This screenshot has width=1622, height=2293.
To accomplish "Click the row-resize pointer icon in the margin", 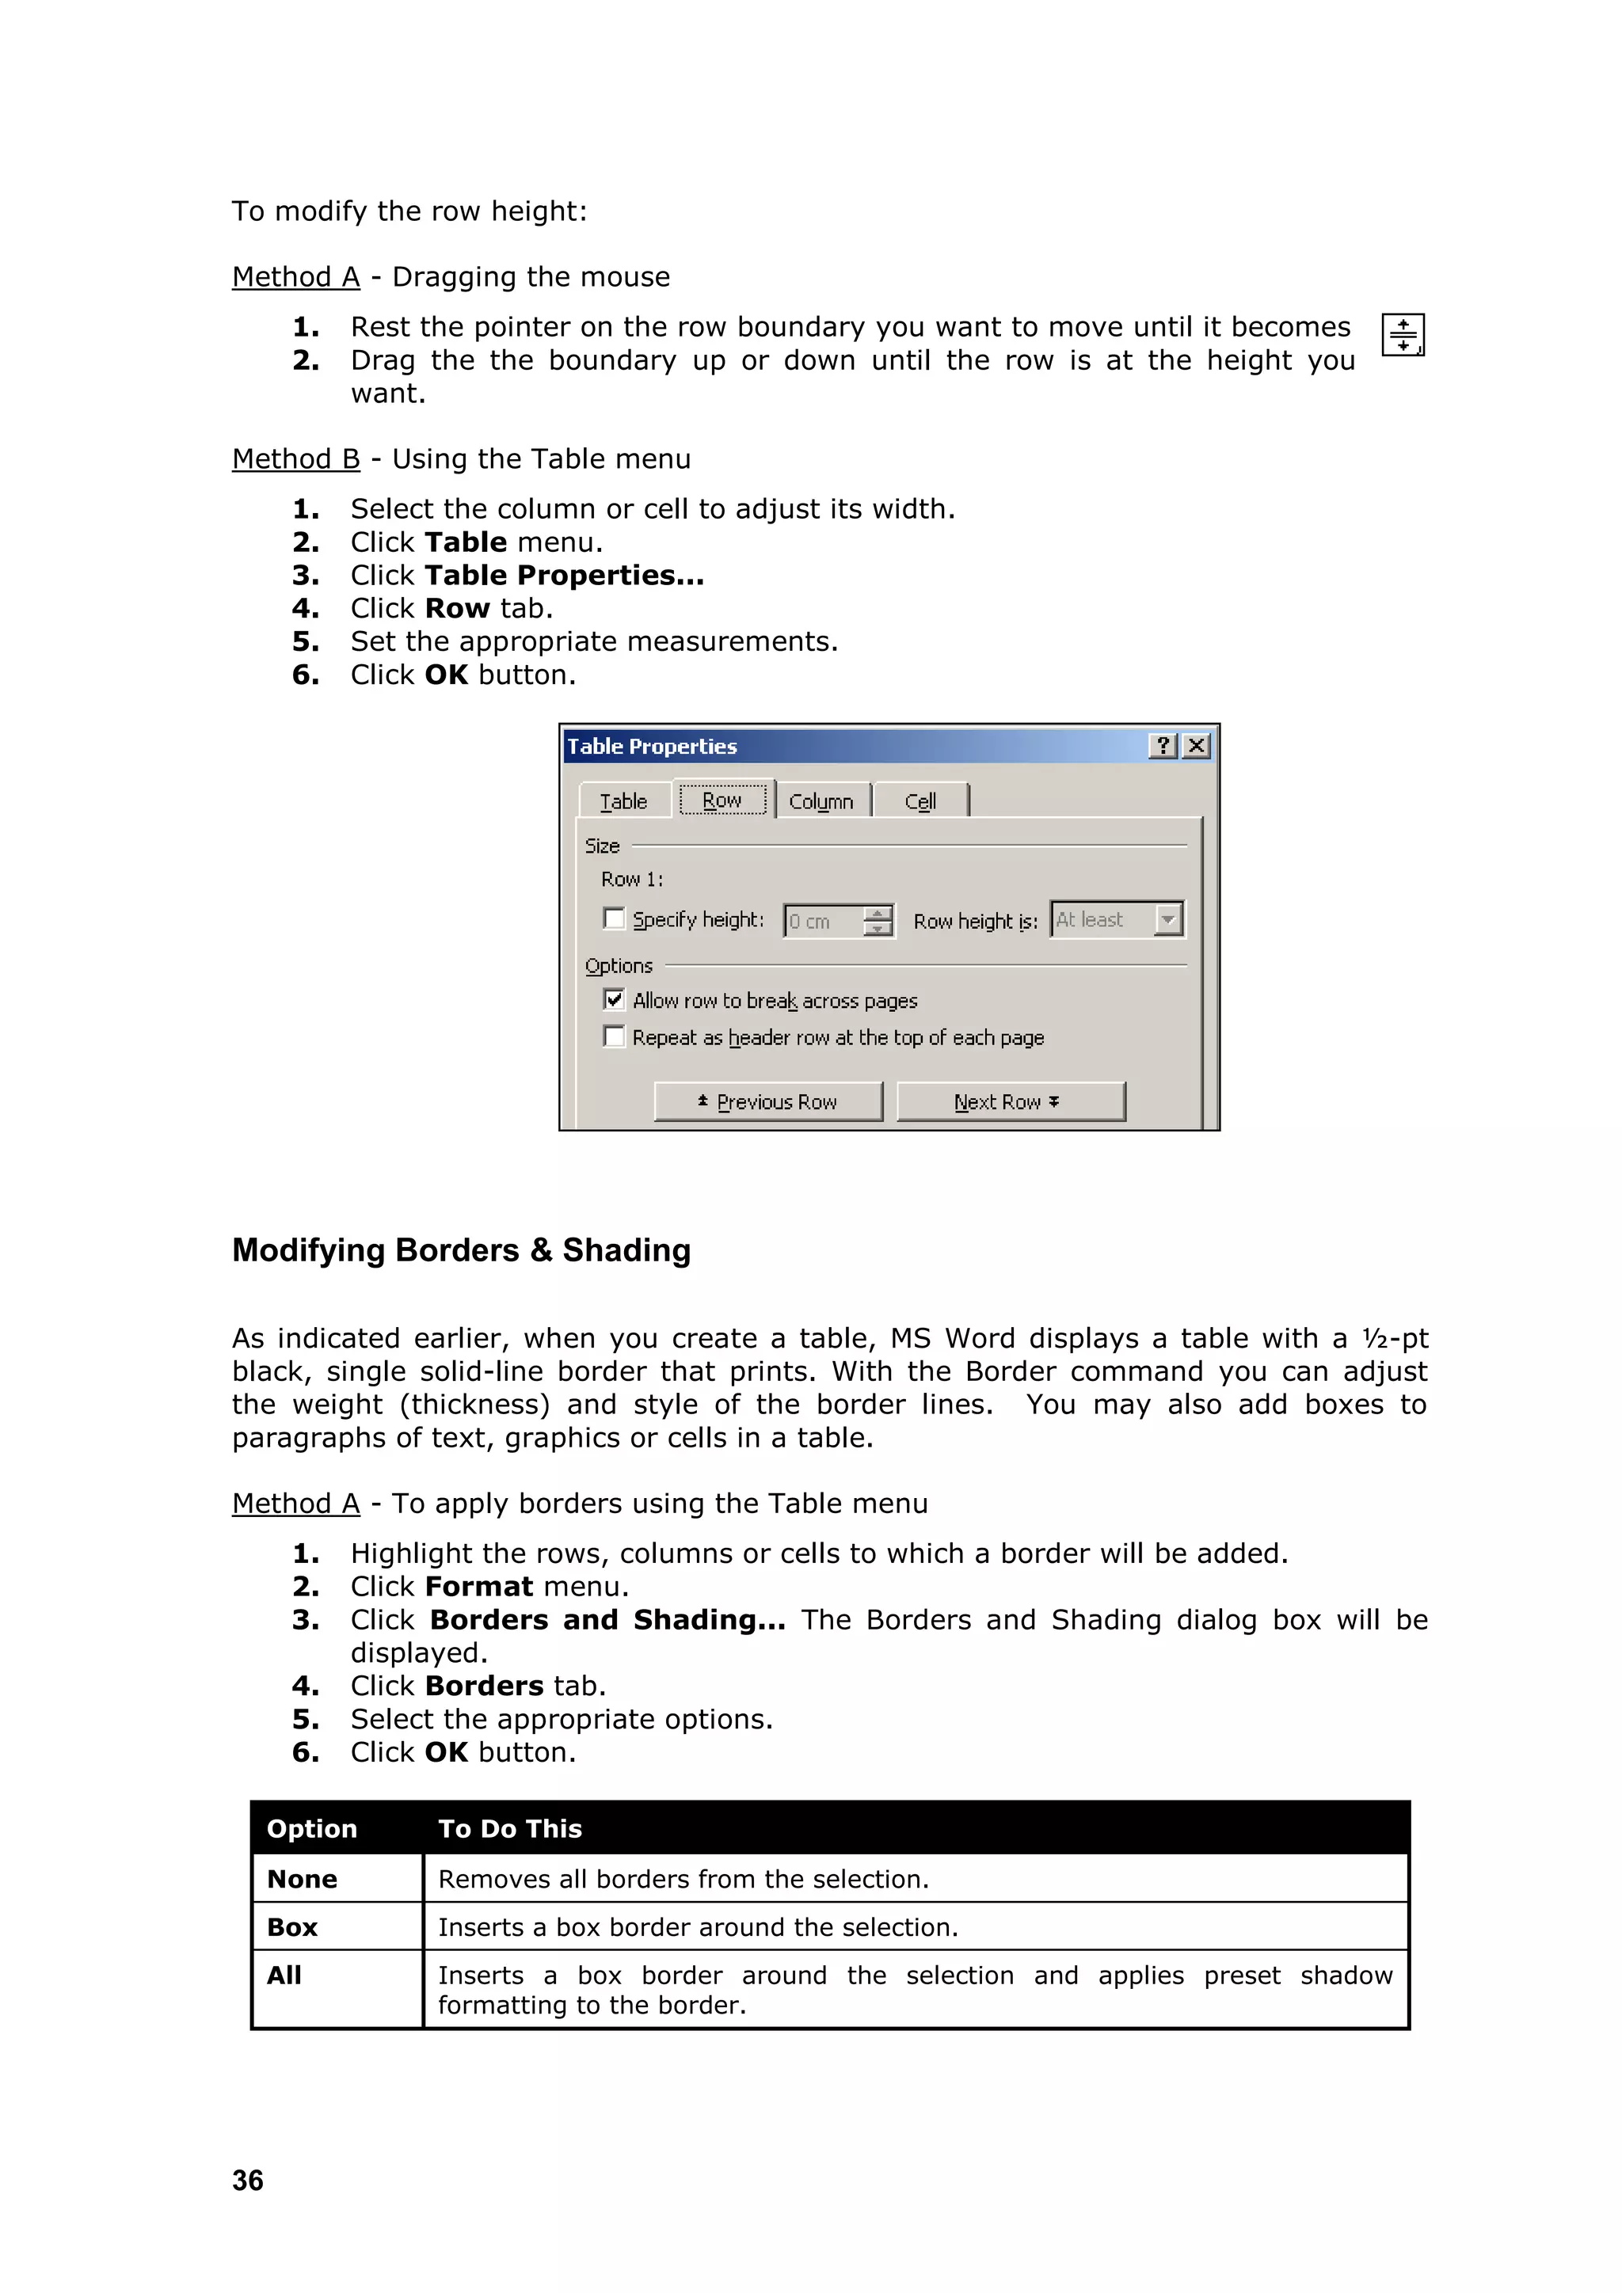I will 1403,335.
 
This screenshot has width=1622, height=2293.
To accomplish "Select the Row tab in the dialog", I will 722,800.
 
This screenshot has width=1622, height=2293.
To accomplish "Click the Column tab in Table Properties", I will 821,801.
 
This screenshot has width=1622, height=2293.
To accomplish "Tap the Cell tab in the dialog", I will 920,801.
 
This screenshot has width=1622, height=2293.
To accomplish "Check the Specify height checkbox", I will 615,918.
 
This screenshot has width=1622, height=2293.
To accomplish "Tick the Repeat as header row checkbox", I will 615,1036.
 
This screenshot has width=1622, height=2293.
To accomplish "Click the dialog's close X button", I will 1196,746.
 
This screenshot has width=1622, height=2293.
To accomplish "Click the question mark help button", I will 1163,746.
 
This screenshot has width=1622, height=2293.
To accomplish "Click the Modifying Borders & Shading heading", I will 462,1250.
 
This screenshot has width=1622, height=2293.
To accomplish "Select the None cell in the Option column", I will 303,1879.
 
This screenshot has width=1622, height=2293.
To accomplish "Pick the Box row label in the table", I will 292,1926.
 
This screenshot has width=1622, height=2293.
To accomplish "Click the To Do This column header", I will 509,1828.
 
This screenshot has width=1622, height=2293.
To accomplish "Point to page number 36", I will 248,2180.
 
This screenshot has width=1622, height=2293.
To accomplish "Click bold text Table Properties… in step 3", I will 565,576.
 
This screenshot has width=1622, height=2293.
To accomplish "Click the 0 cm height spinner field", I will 824,921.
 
